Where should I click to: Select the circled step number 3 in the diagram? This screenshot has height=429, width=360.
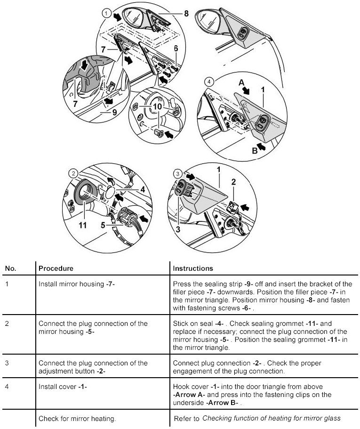[x=177, y=174]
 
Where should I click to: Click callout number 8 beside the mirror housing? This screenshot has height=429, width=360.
[x=186, y=14]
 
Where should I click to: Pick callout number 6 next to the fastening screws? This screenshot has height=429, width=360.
[x=176, y=48]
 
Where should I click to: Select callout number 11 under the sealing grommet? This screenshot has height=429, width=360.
[x=83, y=226]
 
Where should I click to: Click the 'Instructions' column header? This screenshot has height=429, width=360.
[x=193, y=268]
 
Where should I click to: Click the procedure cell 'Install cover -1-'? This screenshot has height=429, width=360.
[x=63, y=387]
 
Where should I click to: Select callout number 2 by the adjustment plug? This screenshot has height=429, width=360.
[x=233, y=181]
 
